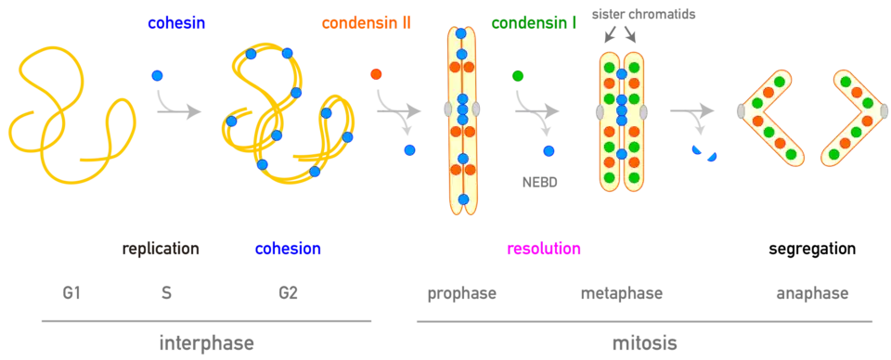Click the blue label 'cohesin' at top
175,23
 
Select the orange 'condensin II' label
367,23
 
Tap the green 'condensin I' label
535,23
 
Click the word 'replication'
160,249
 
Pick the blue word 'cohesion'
288,249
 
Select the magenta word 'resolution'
544,249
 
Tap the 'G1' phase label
72,293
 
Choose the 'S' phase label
167,293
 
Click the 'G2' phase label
288,293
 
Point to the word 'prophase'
462,294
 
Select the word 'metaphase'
622,294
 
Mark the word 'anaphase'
813,294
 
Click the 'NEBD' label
536,184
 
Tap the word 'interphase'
206,343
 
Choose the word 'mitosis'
644,342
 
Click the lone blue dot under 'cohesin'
158,75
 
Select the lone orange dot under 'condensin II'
376,74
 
